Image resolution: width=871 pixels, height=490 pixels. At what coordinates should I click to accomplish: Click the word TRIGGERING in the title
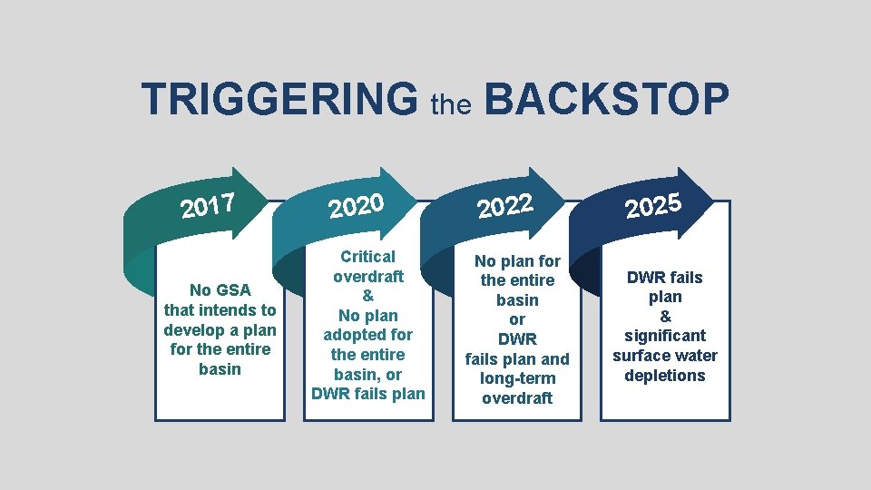tap(279, 100)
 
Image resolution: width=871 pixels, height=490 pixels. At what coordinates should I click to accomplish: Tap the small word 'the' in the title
tap(451, 105)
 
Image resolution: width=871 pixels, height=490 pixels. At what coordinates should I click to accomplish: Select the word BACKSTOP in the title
tap(605, 100)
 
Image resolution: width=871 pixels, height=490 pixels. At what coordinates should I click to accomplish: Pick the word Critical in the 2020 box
tap(367, 257)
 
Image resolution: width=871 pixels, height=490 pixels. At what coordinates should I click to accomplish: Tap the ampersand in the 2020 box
tap(367, 296)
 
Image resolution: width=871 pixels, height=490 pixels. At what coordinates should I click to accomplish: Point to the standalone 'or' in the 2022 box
tap(516, 319)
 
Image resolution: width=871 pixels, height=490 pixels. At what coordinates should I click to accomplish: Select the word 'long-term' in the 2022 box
tap(516, 378)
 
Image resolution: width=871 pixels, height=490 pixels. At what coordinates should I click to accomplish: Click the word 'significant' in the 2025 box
tap(664, 336)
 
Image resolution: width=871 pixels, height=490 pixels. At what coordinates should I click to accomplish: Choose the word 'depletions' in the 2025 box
tap(664, 376)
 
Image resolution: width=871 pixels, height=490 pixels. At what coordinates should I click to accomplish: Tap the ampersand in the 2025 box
tap(664, 317)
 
